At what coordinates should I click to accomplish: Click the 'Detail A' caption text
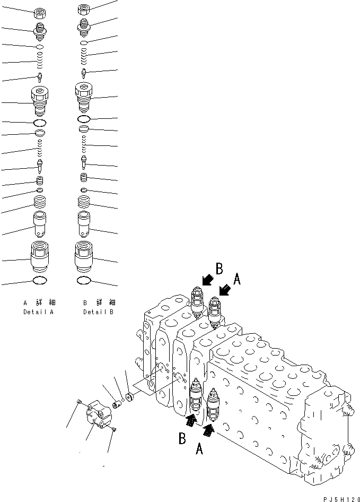click(x=39, y=312)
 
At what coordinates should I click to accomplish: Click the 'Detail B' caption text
click(x=98, y=312)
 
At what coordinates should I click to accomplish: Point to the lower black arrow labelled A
click(x=209, y=429)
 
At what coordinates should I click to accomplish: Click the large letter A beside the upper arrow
click(x=237, y=278)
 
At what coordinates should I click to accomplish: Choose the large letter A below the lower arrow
click(x=200, y=449)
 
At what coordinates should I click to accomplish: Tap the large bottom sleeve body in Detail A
click(x=40, y=256)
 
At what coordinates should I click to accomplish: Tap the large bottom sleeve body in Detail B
click(x=84, y=256)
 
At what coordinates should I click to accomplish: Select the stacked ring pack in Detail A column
click(x=40, y=202)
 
